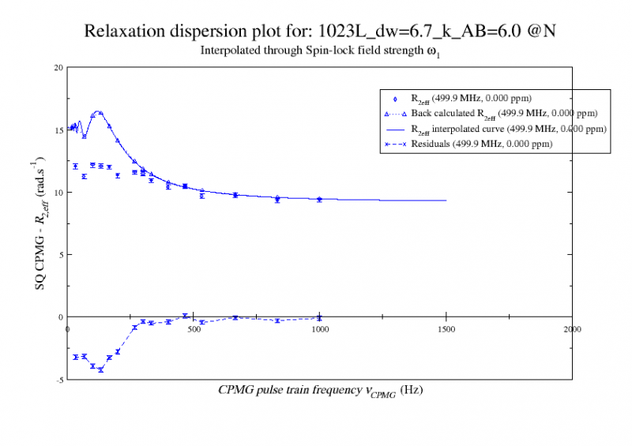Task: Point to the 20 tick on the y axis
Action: pyautogui.click(x=58, y=67)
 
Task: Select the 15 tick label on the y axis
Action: pyautogui.click(x=58, y=130)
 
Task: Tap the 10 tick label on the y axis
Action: pyautogui.click(x=58, y=193)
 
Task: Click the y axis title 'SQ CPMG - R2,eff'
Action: pyautogui.click(x=40, y=223)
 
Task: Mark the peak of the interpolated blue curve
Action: pyautogui.click(x=99, y=111)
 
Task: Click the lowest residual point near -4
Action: pyautogui.click(x=100, y=369)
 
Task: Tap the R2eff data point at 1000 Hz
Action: pyautogui.click(x=319, y=200)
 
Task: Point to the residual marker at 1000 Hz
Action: pyautogui.click(x=319, y=318)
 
